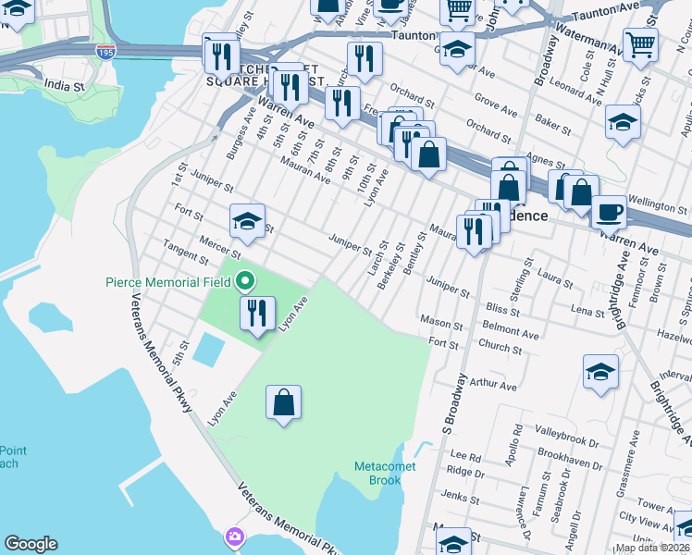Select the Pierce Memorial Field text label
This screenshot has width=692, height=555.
[167, 282]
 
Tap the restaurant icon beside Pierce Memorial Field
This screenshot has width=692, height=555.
[257, 312]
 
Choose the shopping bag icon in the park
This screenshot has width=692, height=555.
[283, 402]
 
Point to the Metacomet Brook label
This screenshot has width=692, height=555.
[385, 473]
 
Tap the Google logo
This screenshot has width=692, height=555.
[30, 545]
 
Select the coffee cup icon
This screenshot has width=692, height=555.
[609, 211]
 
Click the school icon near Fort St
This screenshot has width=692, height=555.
[247, 220]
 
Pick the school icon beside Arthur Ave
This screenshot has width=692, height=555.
[600, 372]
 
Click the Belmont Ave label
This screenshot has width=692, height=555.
[510, 331]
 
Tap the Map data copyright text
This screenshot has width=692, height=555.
[651, 549]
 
